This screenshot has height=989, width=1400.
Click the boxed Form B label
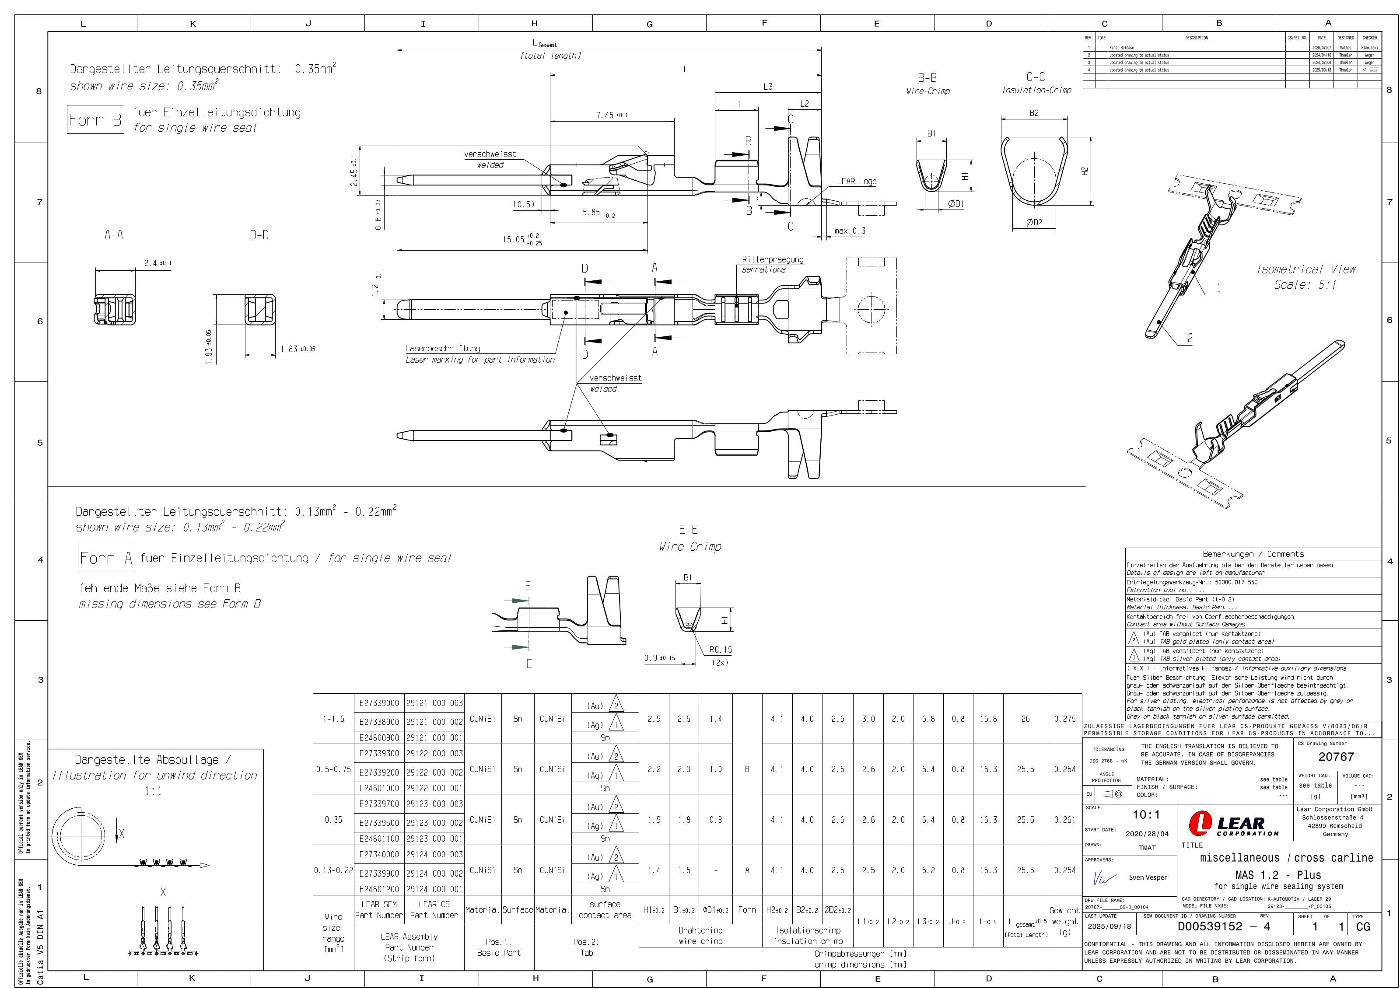(x=95, y=119)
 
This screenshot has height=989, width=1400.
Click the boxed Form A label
(x=106, y=558)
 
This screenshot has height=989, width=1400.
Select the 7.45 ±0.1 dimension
(x=612, y=115)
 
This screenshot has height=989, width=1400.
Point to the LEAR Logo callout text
(x=856, y=181)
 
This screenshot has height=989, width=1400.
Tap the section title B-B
(x=927, y=78)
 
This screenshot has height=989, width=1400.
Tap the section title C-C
(x=1036, y=77)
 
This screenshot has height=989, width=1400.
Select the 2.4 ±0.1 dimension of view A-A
(x=157, y=263)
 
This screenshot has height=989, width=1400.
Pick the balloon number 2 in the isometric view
(x=1189, y=338)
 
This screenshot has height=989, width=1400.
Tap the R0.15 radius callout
(x=720, y=650)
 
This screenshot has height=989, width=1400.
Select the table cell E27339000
(x=379, y=703)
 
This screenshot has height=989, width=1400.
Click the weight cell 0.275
(x=1064, y=719)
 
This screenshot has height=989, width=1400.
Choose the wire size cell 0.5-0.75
(x=333, y=769)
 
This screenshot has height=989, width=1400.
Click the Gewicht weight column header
(x=1064, y=921)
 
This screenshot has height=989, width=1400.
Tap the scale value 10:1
(x=1146, y=814)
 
